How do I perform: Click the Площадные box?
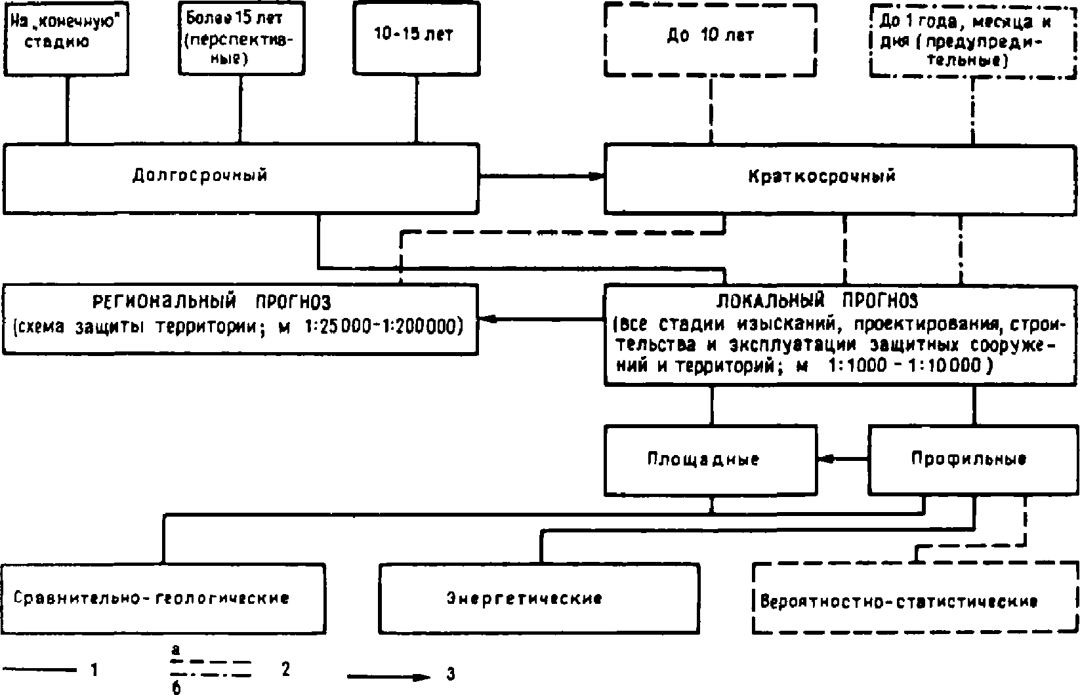(711, 460)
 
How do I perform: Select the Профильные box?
(973, 460)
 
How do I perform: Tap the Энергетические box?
(539, 598)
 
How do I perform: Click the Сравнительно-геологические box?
(163, 598)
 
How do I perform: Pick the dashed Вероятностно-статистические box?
(915, 600)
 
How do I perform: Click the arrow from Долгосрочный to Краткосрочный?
(541, 176)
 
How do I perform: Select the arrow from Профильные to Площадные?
(842, 460)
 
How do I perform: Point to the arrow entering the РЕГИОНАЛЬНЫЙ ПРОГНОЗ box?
(541, 319)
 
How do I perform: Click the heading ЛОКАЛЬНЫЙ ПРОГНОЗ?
(818, 302)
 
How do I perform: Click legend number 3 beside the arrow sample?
(450, 674)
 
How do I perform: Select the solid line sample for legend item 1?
(41, 669)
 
